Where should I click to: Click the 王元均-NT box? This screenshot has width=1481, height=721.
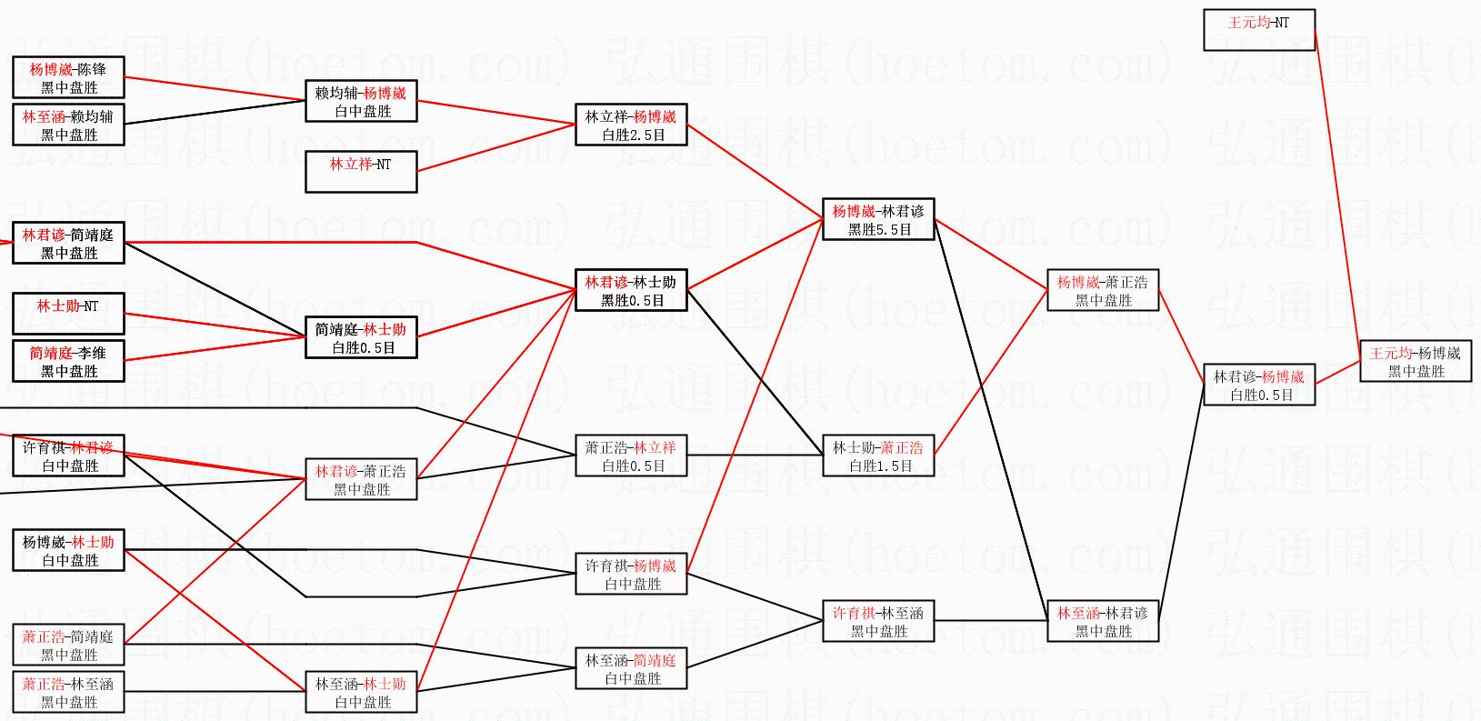pyautogui.click(x=1258, y=30)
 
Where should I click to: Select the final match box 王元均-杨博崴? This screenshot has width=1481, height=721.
pyautogui.click(x=1415, y=361)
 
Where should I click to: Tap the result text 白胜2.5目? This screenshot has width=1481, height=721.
pyautogui.click(x=633, y=135)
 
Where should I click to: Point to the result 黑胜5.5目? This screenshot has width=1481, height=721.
pyautogui.click(x=879, y=229)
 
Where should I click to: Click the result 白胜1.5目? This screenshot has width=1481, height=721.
pyautogui.click(x=880, y=466)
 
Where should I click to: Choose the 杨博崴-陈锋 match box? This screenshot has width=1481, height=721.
pyautogui.click(x=68, y=77)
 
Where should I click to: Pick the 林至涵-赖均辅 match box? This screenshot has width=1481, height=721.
pyautogui.click(x=68, y=125)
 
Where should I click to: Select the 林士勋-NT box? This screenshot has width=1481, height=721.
pyautogui.click(x=68, y=314)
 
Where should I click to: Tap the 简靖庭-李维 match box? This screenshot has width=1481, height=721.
pyautogui.click(x=68, y=361)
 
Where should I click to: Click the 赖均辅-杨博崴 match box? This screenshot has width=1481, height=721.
pyautogui.click(x=361, y=101)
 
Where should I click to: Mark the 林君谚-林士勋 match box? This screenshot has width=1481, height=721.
pyautogui.click(x=631, y=290)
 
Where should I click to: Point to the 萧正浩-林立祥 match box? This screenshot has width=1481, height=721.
pyautogui.click(x=631, y=456)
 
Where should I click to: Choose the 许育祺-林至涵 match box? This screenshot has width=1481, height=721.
pyautogui.click(x=878, y=621)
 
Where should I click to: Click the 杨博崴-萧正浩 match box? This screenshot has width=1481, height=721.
pyautogui.click(x=1103, y=290)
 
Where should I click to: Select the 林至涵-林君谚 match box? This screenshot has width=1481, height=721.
pyautogui.click(x=1103, y=621)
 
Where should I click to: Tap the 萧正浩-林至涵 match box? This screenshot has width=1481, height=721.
pyautogui.click(x=68, y=692)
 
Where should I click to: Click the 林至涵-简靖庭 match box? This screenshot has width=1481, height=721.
pyautogui.click(x=631, y=668)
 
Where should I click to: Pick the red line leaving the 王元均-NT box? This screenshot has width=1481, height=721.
pyautogui.click(x=1336, y=191)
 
